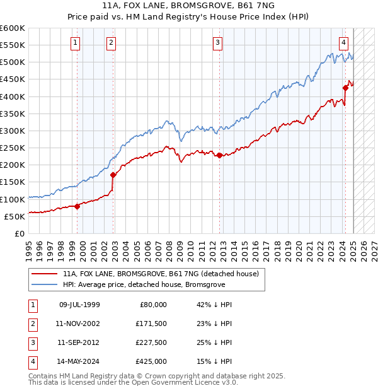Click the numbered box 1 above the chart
[x=75, y=43]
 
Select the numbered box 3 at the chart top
[x=217, y=43]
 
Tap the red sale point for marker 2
[x=113, y=175]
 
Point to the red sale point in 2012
[x=219, y=155]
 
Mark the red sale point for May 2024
[x=345, y=88]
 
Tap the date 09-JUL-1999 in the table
[x=79, y=305]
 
